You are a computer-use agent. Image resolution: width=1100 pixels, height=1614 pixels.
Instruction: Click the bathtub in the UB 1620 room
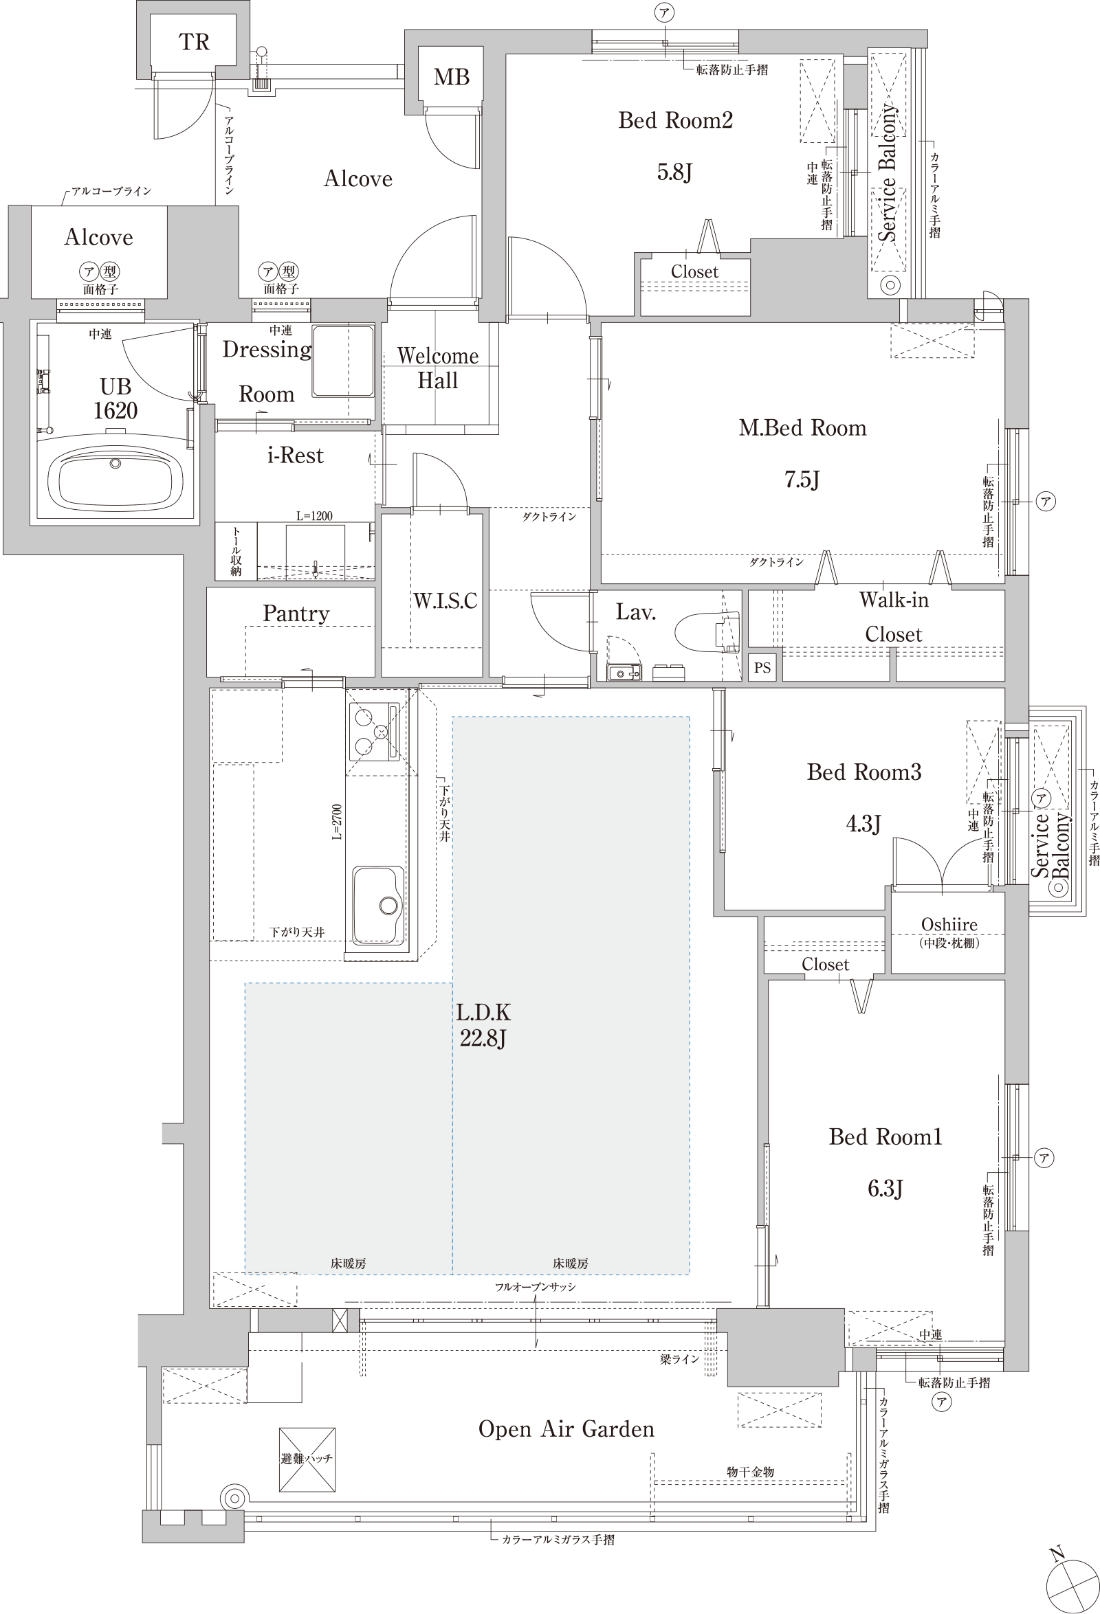(x=115, y=478)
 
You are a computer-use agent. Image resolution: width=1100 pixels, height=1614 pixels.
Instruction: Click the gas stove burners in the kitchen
(x=374, y=731)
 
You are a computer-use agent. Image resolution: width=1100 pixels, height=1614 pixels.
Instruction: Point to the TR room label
(x=194, y=43)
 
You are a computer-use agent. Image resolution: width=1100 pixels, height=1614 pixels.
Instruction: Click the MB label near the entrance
(x=452, y=77)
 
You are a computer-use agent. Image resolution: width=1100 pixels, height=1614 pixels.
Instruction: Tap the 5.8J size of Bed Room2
(x=674, y=172)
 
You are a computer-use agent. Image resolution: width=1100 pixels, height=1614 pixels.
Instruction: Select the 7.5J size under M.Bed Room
(x=802, y=479)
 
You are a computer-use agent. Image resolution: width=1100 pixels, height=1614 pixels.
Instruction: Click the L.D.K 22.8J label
(x=483, y=1025)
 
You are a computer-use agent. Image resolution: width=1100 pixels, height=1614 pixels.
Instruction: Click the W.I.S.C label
(x=445, y=601)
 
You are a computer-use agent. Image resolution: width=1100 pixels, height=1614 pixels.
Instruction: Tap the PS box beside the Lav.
(x=762, y=667)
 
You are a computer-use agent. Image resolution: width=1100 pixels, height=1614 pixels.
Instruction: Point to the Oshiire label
(x=949, y=924)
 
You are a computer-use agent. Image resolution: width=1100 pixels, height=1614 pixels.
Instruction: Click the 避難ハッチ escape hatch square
(x=307, y=1459)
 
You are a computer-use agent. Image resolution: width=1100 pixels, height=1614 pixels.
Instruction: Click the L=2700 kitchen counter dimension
(x=337, y=822)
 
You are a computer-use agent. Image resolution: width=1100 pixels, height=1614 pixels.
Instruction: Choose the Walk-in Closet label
(x=894, y=617)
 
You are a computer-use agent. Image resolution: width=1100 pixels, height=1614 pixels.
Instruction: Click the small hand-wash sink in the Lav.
(x=624, y=671)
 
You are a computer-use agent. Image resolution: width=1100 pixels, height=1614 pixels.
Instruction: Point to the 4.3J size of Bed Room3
(x=863, y=824)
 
